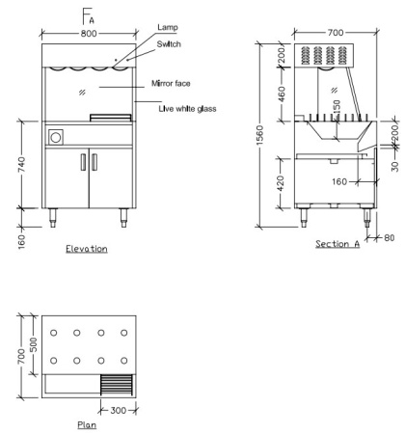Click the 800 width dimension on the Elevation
pyautogui.click(x=89, y=33)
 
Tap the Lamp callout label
pyautogui.click(x=168, y=27)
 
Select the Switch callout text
pyautogui.click(x=169, y=44)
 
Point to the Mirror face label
pyautogui.click(x=171, y=84)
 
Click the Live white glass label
pyautogui.click(x=187, y=109)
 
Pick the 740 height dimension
pyautogui.click(x=22, y=164)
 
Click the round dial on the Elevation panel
pyautogui.click(x=56, y=137)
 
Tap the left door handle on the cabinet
pyautogui.click(x=83, y=162)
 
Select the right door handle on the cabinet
pyautogui.click(x=94, y=162)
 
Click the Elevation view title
pyautogui.click(x=87, y=249)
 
